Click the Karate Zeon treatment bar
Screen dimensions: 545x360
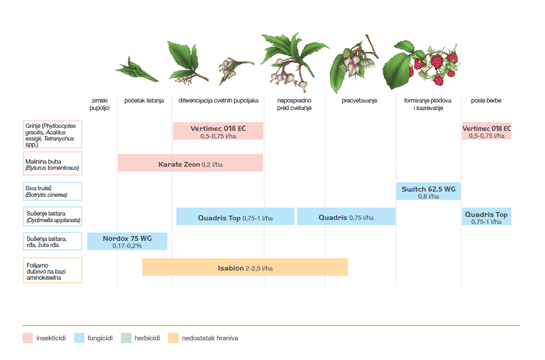tap(191, 163)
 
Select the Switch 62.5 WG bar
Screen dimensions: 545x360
tap(428, 191)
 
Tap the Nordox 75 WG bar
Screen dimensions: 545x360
tap(127, 241)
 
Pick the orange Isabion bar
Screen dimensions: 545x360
tap(245, 267)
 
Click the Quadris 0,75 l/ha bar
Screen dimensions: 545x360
tap(346, 217)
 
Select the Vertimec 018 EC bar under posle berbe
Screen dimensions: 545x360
tap(487, 131)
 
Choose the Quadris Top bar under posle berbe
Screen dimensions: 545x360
tap(487, 217)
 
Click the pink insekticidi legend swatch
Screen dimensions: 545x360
tap(28, 338)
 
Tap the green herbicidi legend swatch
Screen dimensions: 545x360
tap(126, 338)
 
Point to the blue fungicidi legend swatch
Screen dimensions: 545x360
tap(79, 338)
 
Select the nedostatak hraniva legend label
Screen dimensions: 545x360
tap(210, 338)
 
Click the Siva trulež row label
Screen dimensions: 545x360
tap(52, 192)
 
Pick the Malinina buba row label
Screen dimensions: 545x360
tap(52, 163)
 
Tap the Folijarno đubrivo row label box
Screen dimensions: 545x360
tap(52, 270)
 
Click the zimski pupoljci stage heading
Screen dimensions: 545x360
tap(99, 104)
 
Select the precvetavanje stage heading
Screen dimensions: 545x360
tap(359, 101)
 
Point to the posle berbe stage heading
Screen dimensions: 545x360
tap(486, 101)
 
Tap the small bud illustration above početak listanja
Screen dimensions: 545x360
tap(137, 70)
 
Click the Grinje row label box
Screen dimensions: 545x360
tap(52, 134)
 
